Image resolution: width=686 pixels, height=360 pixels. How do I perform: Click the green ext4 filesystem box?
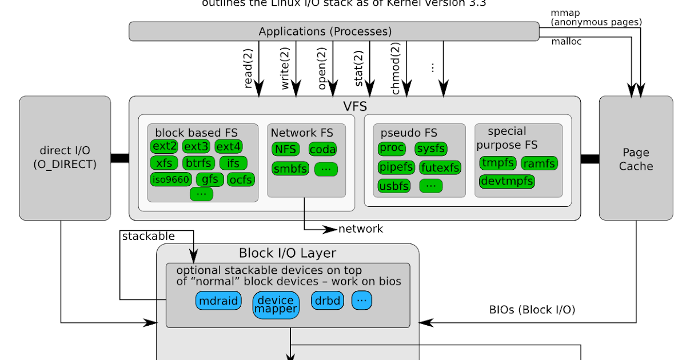coord(229,146)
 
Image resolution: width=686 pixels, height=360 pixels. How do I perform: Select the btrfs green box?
coord(197,163)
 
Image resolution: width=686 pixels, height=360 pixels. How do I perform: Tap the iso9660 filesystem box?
coord(170,179)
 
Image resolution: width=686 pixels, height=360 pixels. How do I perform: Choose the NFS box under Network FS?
coord(286,149)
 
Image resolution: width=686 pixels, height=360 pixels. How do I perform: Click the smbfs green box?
coord(290,169)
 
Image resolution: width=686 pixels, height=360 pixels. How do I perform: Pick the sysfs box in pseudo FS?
coord(430,149)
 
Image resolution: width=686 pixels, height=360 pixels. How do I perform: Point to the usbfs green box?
coord(394,186)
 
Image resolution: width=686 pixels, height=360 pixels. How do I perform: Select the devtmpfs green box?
coord(507,181)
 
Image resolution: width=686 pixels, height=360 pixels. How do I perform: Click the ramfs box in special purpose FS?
coord(539,163)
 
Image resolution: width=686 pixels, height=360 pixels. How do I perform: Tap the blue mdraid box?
coord(218,301)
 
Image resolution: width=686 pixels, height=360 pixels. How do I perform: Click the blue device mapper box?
coord(276,305)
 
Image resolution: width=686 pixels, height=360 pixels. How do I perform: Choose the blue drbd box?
coord(326,301)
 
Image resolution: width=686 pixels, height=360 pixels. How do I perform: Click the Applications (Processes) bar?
coord(334,31)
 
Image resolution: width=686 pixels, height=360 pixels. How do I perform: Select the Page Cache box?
coord(636,159)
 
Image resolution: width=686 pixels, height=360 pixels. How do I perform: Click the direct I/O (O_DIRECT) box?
coord(65,157)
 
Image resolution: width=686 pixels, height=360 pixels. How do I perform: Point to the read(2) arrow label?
coord(249,69)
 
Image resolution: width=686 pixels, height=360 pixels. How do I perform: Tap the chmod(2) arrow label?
coord(396,69)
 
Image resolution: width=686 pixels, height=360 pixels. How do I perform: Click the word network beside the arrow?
coord(361,229)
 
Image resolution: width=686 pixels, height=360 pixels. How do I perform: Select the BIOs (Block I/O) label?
coord(532,310)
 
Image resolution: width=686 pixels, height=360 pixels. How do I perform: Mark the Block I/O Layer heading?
coord(288,253)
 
